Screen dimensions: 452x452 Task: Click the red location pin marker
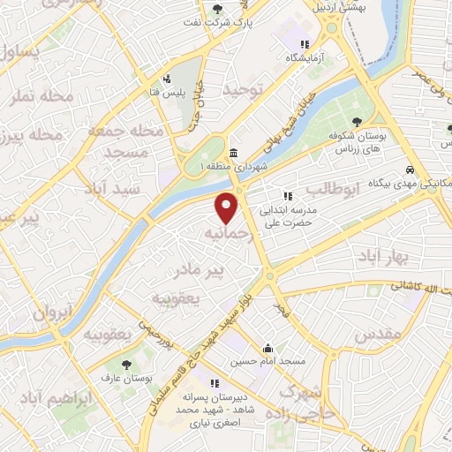[228, 208]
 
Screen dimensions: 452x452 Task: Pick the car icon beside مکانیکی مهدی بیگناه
[411, 169]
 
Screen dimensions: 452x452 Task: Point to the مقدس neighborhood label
[379, 335]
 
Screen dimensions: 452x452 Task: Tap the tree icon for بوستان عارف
[125, 363]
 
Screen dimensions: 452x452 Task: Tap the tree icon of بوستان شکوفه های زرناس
[357, 122]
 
